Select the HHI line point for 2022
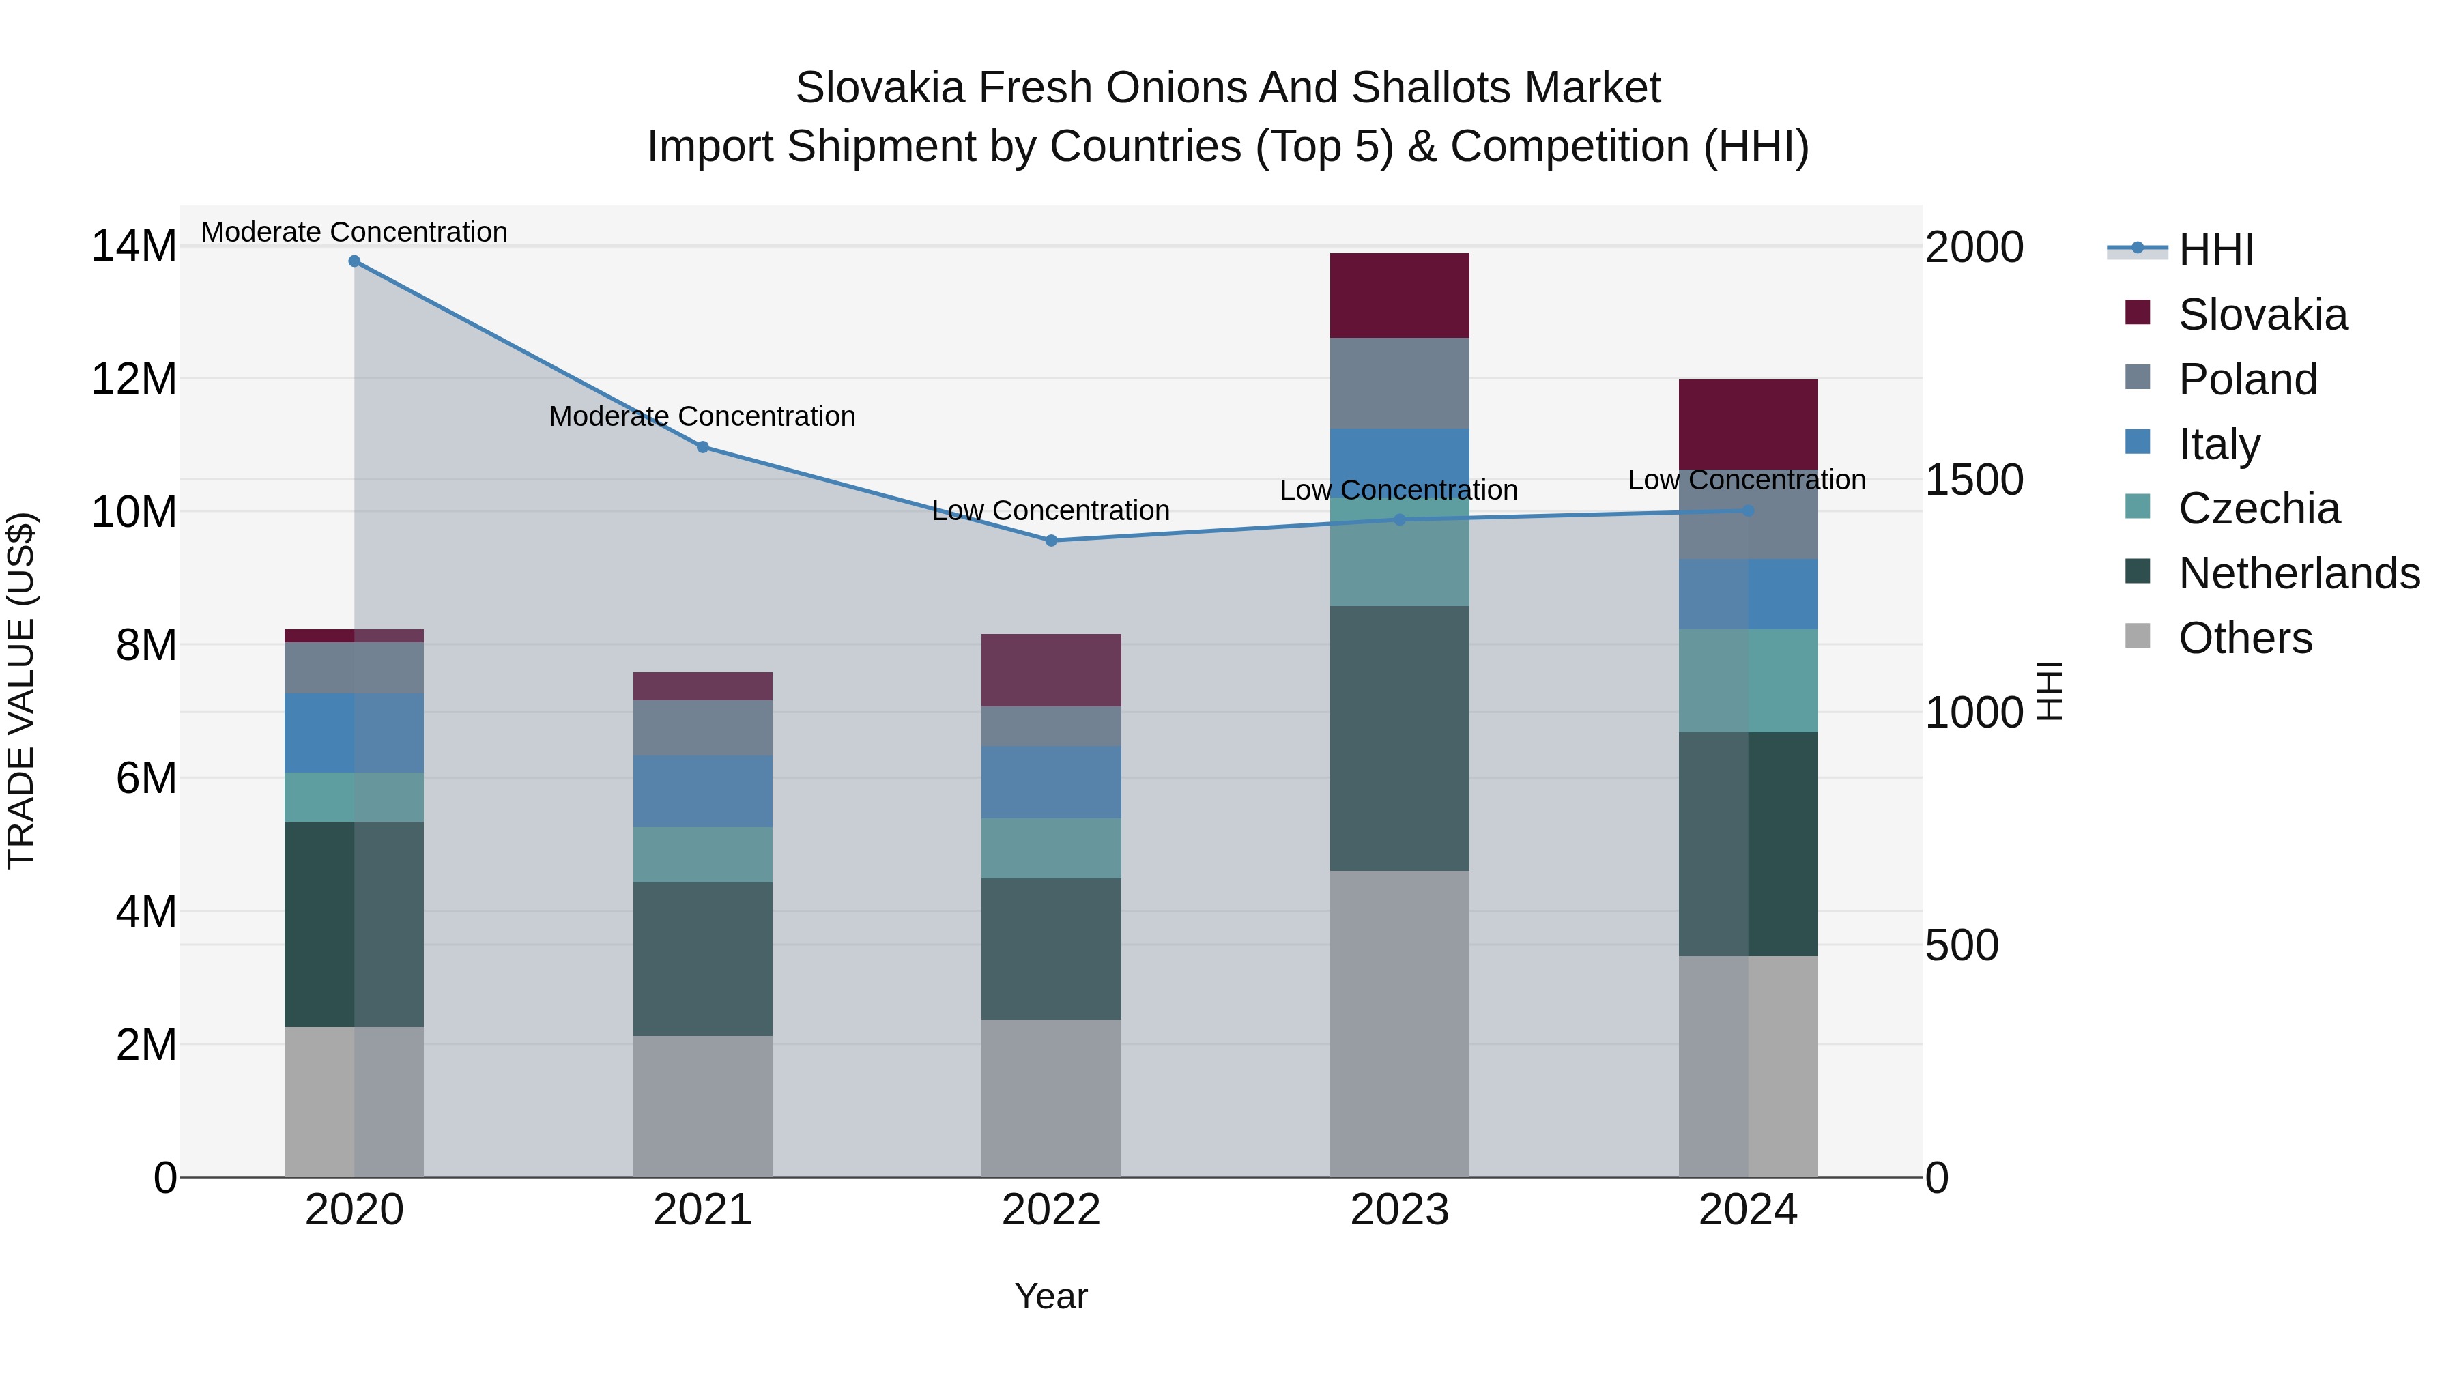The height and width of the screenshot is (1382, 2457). pyautogui.click(x=1051, y=541)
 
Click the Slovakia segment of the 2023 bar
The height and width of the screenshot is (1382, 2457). pyautogui.click(x=1399, y=296)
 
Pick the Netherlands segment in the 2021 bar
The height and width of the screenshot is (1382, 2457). pyautogui.click(x=703, y=959)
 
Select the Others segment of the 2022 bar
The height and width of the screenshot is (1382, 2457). pyautogui.click(x=1051, y=1098)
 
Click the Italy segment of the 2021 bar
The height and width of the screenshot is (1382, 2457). pyautogui.click(x=703, y=791)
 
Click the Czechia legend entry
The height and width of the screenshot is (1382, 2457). pyautogui.click(x=2258, y=508)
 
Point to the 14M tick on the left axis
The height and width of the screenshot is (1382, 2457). pyautogui.click(x=134, y=247)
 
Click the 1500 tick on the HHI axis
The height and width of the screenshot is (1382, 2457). pyautogui.click(x=1973, y=480)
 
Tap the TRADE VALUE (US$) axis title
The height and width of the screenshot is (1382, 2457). pyautogui.click(x=21, y=691)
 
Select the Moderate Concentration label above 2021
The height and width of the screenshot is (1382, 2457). pyautogui.click(x=702, y=417)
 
